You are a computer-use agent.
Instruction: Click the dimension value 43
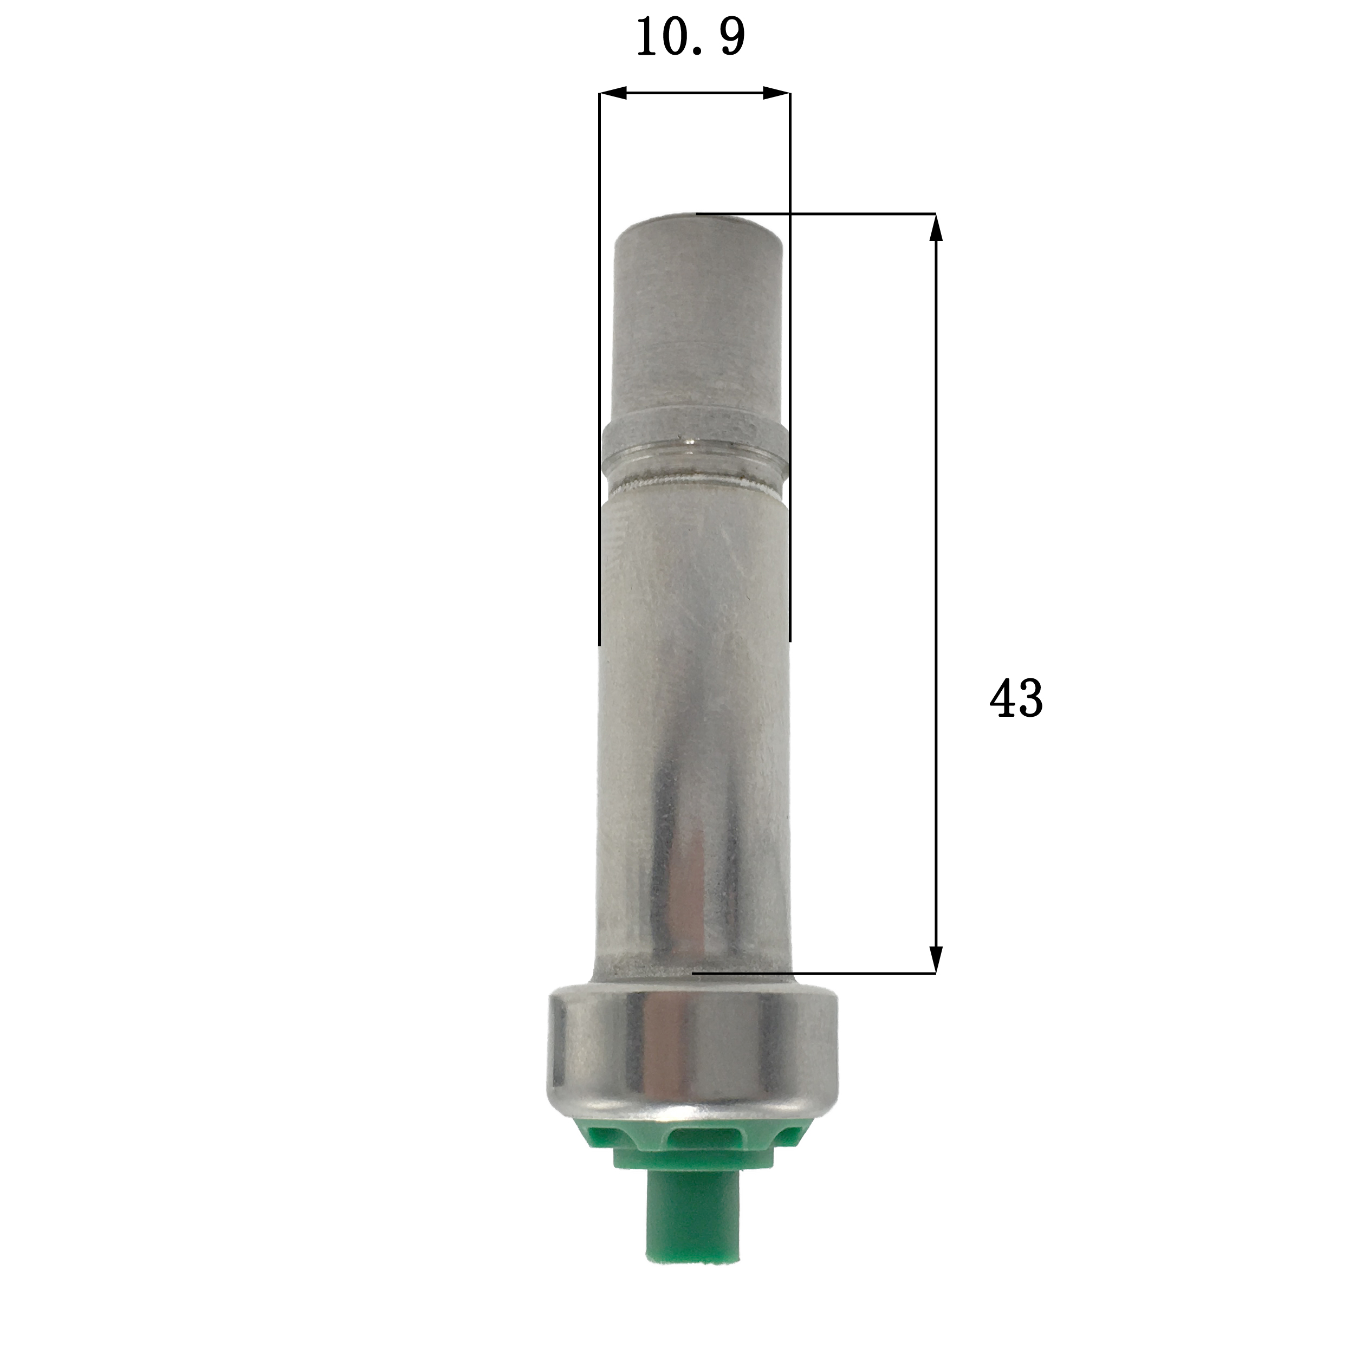click(1015, 698)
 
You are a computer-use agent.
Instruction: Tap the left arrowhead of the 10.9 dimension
click(612, 93)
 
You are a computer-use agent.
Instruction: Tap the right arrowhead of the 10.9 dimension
click(777, 93)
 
